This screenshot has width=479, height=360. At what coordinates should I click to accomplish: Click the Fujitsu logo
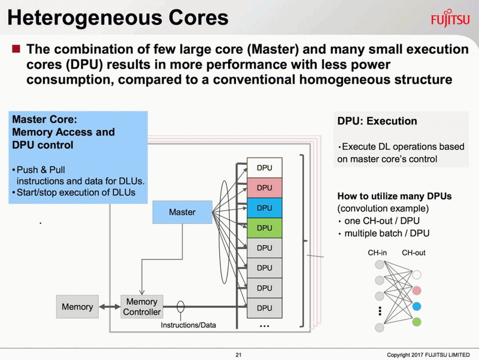[x=450, y=19]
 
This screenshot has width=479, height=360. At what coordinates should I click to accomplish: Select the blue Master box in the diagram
[x=183, y=212]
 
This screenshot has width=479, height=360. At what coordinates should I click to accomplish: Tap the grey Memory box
[x=77, y=307]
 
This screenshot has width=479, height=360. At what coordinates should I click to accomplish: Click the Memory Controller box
[x=142, y=307]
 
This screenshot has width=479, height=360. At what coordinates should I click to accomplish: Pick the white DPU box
[x=265, y=168]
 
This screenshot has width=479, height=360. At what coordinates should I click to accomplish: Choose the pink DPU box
[x=265, y=188]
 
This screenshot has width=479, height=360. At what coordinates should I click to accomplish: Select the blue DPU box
[x=265, y=208]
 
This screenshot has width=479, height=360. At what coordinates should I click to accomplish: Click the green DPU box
[x=265, y=228]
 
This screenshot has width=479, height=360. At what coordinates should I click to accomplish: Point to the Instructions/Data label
[x=188, y=325]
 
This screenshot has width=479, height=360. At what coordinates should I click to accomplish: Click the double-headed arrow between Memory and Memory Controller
[x=110, y=307]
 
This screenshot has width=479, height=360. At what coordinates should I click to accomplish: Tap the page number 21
[x=238, y=355]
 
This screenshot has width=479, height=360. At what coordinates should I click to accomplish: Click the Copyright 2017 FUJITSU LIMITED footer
[x=428, y=355]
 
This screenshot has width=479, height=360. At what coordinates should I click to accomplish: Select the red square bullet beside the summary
[x=16, y=49]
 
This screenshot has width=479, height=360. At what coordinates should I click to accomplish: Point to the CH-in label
[x=377, y=253]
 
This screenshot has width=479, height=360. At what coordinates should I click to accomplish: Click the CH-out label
[x=414, y=253]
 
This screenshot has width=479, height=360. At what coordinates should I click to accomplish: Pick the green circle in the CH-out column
[x=417, y=322]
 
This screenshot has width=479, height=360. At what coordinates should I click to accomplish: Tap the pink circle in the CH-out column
[x=417, y=291]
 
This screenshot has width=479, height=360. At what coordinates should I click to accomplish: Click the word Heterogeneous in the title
[x=84, y=19]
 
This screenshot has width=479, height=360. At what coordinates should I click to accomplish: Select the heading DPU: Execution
[x=377, y=121]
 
